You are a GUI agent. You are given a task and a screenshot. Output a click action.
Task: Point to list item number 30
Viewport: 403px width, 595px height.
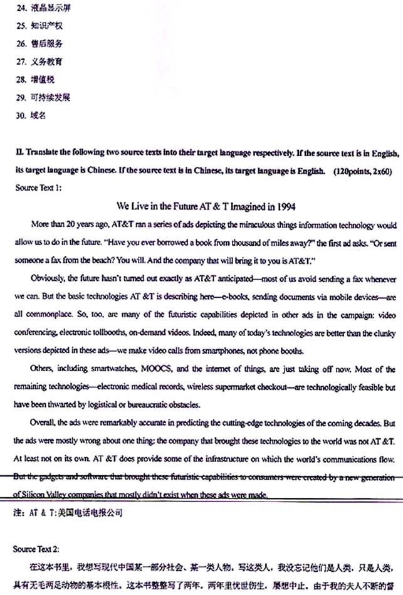click(x=19, y=115)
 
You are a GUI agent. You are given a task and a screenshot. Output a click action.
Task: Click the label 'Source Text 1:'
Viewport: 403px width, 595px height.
click(x=38, y=187)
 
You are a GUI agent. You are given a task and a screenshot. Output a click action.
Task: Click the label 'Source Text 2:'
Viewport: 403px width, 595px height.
click(x=38, y=549)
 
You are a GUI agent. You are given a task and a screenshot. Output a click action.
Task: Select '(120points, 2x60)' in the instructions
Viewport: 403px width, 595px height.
click(x=364, y=171)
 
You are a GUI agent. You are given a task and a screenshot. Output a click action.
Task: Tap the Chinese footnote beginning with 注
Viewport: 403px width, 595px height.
click(x=69, y=512)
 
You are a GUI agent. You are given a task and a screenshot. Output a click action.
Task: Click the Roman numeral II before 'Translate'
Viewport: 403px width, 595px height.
click(x=18, y=153)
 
